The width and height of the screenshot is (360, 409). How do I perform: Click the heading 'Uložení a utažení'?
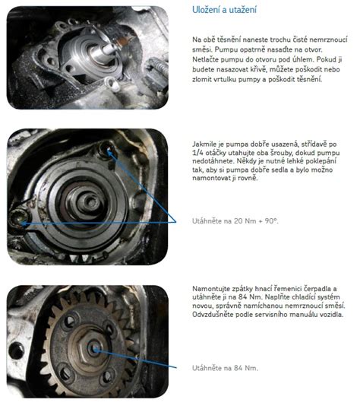tap(224, 10)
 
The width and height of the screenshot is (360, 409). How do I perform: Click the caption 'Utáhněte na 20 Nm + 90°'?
tap(235, 221)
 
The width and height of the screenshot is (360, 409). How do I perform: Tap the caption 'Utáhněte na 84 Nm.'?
tap(225, 368)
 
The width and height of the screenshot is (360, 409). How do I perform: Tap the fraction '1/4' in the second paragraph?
tap(197, 153)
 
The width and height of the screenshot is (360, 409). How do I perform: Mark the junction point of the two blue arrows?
tap(176, 222)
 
